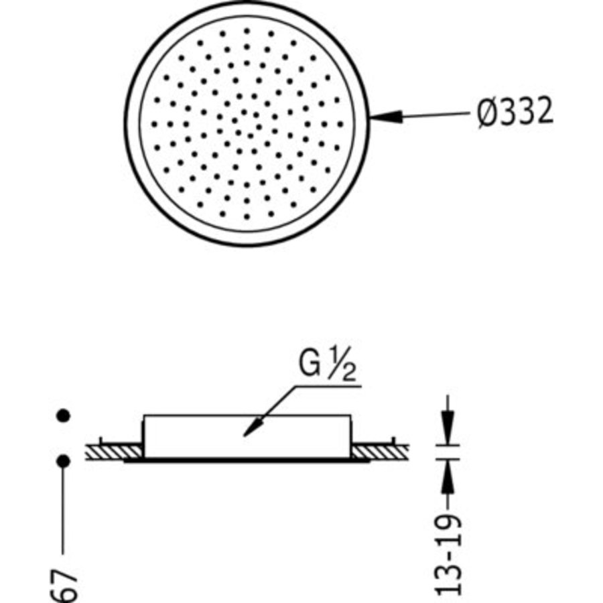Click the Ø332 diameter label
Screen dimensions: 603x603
515,113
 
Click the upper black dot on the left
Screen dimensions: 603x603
64,415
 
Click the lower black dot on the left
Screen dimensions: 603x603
64,460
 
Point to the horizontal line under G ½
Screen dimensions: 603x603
328,386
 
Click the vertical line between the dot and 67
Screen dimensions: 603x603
64,509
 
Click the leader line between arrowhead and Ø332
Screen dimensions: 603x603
435,115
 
